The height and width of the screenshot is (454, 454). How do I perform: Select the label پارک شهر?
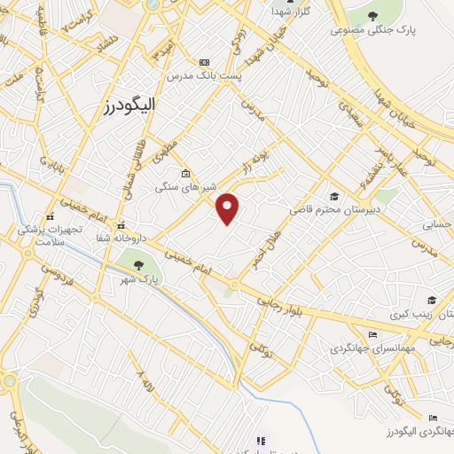pos(140,279)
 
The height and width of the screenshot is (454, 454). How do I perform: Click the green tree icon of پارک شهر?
pos(137,263)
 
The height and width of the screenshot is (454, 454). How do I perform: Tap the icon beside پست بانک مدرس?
pos(205,62)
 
